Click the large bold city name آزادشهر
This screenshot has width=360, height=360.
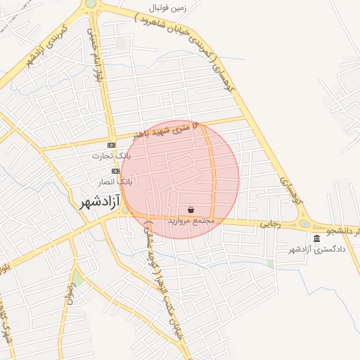(96, 202)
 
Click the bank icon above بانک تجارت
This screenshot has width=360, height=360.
(111, 145)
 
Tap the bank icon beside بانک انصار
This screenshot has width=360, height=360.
(115, 171)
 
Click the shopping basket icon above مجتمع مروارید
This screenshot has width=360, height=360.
(191, 210)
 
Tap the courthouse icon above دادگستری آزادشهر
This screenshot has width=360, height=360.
(316, 239)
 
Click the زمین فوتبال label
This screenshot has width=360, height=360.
(169, 8)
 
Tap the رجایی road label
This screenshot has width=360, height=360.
(271, 224)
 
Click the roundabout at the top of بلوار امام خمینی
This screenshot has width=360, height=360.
(91, 4)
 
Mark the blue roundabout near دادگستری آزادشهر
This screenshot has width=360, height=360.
(304, 224)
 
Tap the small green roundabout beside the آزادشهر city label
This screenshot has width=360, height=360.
(125, 210)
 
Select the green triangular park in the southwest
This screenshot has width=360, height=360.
(77, 280)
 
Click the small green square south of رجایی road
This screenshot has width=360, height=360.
(270, 264)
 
